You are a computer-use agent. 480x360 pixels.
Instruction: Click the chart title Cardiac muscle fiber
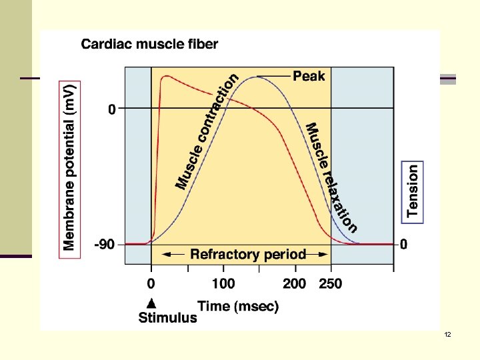(x=149, y=45)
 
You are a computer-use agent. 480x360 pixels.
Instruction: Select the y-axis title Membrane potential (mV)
(x=69, y=166)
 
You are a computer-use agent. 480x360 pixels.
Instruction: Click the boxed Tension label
(x=413, y=191)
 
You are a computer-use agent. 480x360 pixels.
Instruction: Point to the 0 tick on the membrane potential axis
(x=112, y=109)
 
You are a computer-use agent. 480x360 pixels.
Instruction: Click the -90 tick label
(x=105, y=245)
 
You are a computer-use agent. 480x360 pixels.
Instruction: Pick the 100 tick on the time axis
(x=223, y=283)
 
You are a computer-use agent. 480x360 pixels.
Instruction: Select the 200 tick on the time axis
(x=294, y=283)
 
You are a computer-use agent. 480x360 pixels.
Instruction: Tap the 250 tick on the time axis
(x=330, y=283)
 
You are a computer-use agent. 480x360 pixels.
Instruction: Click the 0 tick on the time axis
(x=151, y=283)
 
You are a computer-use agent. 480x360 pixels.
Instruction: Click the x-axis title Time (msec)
(x=238, y=306)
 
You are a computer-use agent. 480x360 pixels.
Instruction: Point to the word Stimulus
(x=167, y=317)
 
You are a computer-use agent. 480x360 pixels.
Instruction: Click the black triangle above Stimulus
(x=152, y=301)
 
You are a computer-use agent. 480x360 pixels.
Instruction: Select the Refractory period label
(x=248, y=254)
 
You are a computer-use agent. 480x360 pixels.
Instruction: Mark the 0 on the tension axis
(x=404, y=245)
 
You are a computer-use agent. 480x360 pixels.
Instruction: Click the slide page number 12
(x=447, y=334)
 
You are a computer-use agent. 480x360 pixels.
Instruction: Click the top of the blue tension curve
(x=257, y=77)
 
